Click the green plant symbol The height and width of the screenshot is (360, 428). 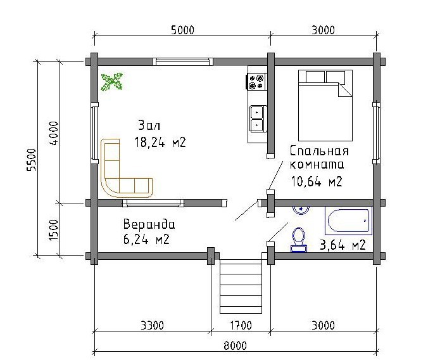point(111,82)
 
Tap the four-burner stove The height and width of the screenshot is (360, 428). point(256,82)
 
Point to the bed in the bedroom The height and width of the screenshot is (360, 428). point(325,105)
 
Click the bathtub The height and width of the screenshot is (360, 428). point(349,221)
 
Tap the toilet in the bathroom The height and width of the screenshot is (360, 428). point(299,239)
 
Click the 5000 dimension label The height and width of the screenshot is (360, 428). point(182,30)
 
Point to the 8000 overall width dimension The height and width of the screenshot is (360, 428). point(236,345)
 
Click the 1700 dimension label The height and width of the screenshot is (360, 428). point(241,325)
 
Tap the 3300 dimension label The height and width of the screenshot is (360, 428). point(153,325)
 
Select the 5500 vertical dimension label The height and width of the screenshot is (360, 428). point(31,160)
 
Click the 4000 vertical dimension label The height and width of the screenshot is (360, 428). point(53,133)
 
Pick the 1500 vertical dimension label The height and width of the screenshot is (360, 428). point(53,230)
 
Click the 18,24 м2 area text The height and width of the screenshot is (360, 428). point(160,142)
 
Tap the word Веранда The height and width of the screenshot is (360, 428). point(149,224)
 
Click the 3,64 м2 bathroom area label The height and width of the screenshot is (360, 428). point(343,245)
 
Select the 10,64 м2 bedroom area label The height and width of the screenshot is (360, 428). point(317,181)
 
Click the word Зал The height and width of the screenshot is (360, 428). point(149,125)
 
